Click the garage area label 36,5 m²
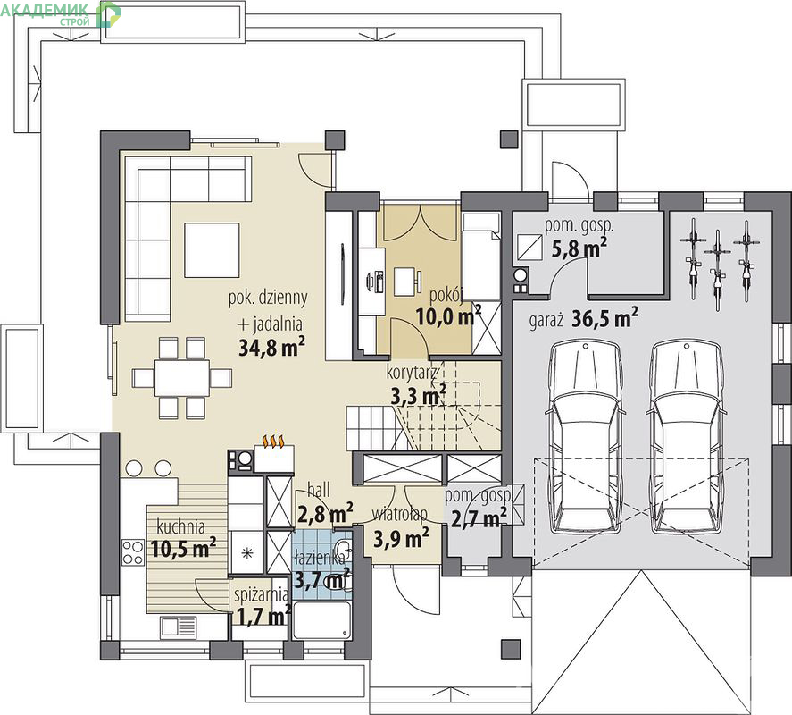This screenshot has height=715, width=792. point(604,318)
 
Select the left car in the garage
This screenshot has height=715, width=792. point(585,437)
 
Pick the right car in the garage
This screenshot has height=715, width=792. point(686,437)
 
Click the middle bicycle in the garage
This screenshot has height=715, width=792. point(717,271)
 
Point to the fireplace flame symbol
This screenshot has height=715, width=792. point(274,442)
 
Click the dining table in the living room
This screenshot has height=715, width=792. point(182,378)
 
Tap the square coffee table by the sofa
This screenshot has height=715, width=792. point(212,250)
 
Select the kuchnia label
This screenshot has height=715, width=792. point(181,527)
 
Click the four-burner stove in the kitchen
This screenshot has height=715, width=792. point(133,552)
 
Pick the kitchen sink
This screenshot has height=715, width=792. point(179,627)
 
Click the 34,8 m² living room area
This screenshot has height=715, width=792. point(271,348)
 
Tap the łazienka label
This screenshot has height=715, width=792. point(320,558)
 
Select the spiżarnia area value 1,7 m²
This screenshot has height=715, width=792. point(263,616)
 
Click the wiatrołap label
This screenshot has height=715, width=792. point(400,515)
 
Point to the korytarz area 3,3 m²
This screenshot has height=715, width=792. point(419,395)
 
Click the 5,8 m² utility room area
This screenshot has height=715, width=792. point(579,248)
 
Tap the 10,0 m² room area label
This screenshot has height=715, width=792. point(448,316)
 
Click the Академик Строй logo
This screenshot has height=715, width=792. point(61,13)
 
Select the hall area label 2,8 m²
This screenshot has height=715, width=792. point(325,514)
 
